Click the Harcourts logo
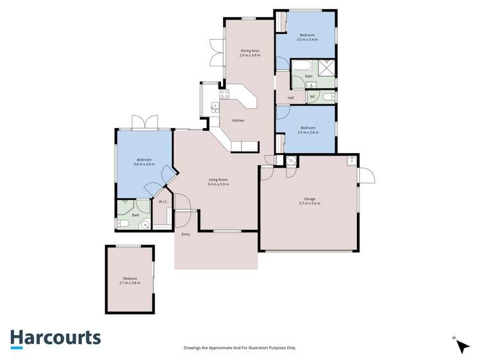point(55,338)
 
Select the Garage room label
point(309,199)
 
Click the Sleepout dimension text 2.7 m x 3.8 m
point(130,282)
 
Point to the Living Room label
point(218,180)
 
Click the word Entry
point(186,234)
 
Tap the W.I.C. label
point(163,202)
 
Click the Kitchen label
point(238,120)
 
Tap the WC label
point(312,97)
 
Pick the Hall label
point(290,97)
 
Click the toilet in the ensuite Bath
point(123,224)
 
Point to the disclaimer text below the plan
point(240,348)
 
